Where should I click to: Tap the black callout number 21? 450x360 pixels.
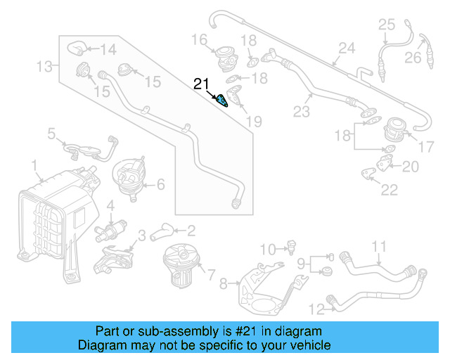[x=202, y=84]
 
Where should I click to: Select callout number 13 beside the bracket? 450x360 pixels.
[x=44, y=67]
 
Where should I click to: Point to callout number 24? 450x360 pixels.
[x=346, y=49]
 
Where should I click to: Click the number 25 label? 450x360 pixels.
[x=387, y=25]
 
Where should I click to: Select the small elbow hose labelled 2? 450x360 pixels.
[x=162, y=230]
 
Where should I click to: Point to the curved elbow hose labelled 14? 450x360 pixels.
[x=75, y=48]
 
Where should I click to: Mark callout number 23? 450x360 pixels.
[x=302, y=112]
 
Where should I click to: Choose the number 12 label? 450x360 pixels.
[x=316, y=307]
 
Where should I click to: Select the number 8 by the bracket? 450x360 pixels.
[x=224, y=284]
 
